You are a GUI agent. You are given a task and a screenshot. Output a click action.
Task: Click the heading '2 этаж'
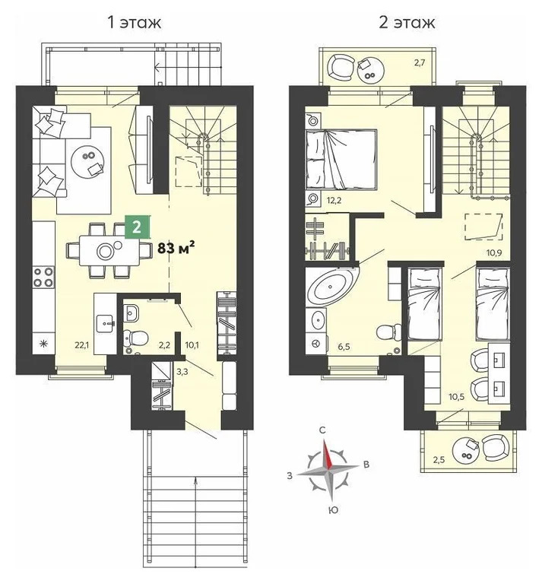coord(407,21)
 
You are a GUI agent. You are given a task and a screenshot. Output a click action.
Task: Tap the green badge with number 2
coord(136,226)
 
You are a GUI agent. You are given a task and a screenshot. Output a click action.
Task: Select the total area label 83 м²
coord(176,246)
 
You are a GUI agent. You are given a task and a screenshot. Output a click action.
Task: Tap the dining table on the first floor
coord(103,248)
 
